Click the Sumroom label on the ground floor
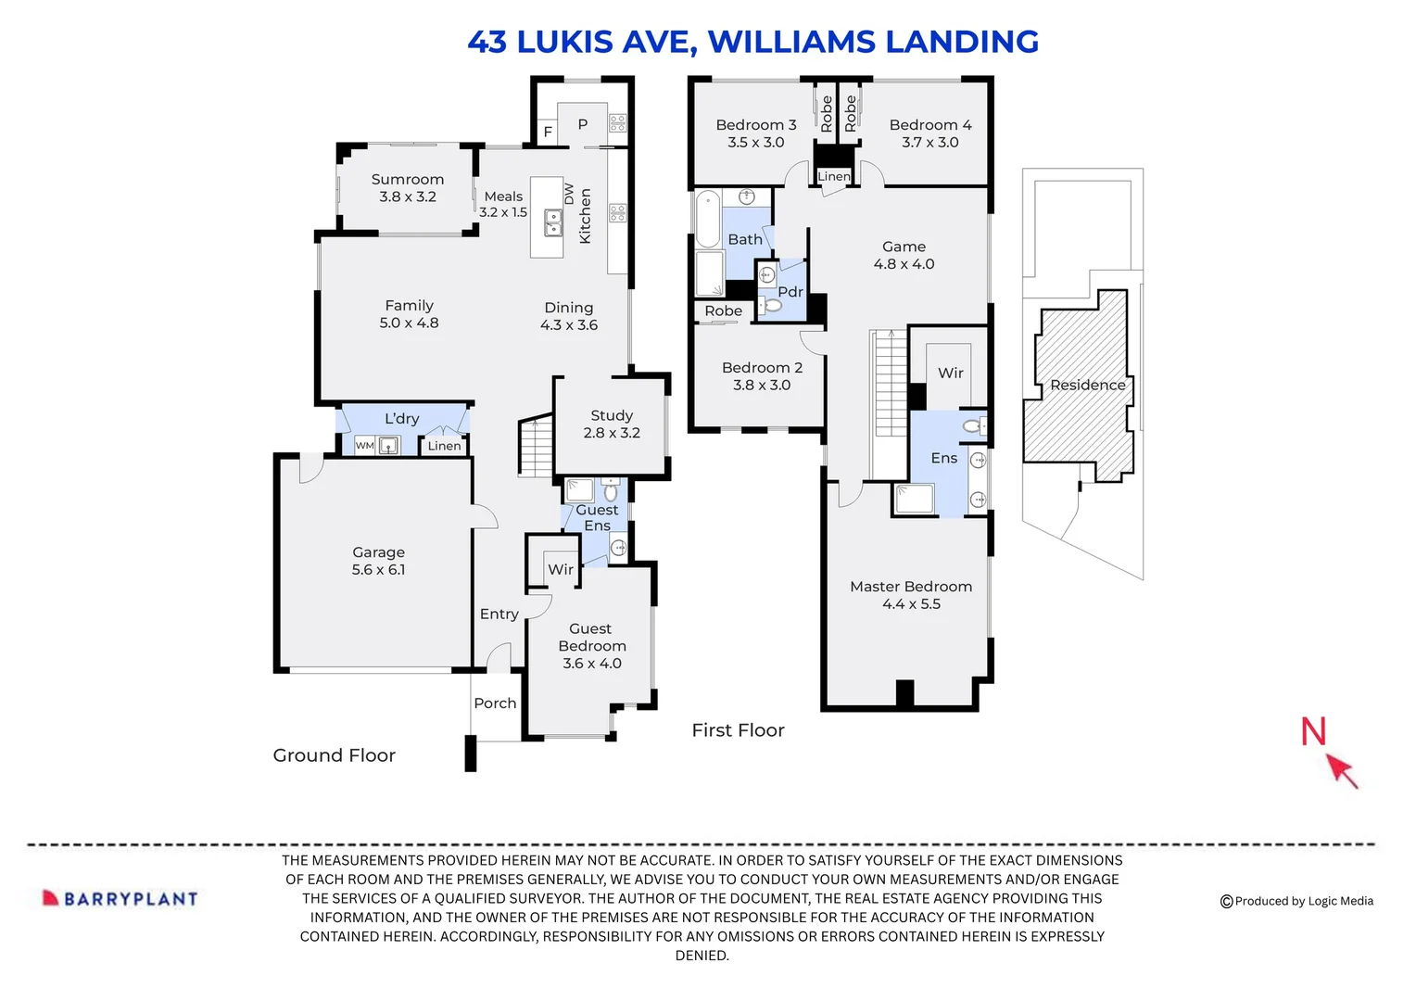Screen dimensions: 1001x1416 pyautogui.click(x=408, y=187)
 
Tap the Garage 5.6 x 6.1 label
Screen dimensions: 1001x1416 pyautogui.click(x=378, y=561)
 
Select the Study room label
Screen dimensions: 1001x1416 pyautogui.click(x=612, y=424)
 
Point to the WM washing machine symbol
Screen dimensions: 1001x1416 pyautogui.click(x=365, y=446)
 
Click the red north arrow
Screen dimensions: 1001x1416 pyautogui.click(x=1341, y=769)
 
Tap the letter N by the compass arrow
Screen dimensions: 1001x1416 pyautogui.click(x=1313, y=731)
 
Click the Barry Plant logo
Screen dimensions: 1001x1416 pyautogui.click(x=120, y=898)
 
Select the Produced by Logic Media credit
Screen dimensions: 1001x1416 pyautogui.click(x=1296, y=901)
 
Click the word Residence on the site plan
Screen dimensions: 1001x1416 pyautogui.click(x=1087, y=385)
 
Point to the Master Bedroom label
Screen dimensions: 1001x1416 pyautogui.click(x=911, y=594)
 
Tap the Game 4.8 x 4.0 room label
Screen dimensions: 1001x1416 pyautogui.click(x=904, y=255)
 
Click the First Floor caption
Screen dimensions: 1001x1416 pyautogui.click(x=738, y=730)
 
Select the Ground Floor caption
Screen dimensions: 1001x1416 pyautogui.click(x=334, y=755)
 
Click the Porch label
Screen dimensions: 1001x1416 pyautogui.click(x=495, y=703)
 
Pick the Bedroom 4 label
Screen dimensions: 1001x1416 pyautogui.click(x=930, y=133)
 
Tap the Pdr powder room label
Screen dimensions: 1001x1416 pyautogui.click(x=790, y=292)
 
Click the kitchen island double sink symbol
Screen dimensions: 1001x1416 pyautogui.click(x=553, y=222)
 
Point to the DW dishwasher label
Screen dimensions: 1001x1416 pyautogui.click(x=569, y=193)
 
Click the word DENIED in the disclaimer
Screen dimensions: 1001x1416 pyautogui.click(x=702, y=956)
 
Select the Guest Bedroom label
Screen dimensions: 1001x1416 pyautogui.click(x=592, y=645)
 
